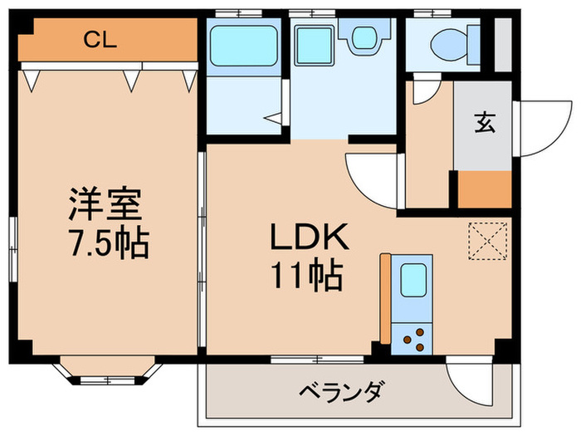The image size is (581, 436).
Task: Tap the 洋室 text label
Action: pyautogui.click(x=105, y=203)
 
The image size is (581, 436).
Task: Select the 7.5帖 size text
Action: pyautogui.click(x=105, y=242)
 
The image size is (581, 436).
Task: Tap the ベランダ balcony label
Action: pyautogui.click(x=340, y=390)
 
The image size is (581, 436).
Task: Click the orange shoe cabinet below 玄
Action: pyautogui.click(x=484, y=189)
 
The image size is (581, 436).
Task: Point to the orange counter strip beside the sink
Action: pyautogui.click(x=385, y=297)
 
